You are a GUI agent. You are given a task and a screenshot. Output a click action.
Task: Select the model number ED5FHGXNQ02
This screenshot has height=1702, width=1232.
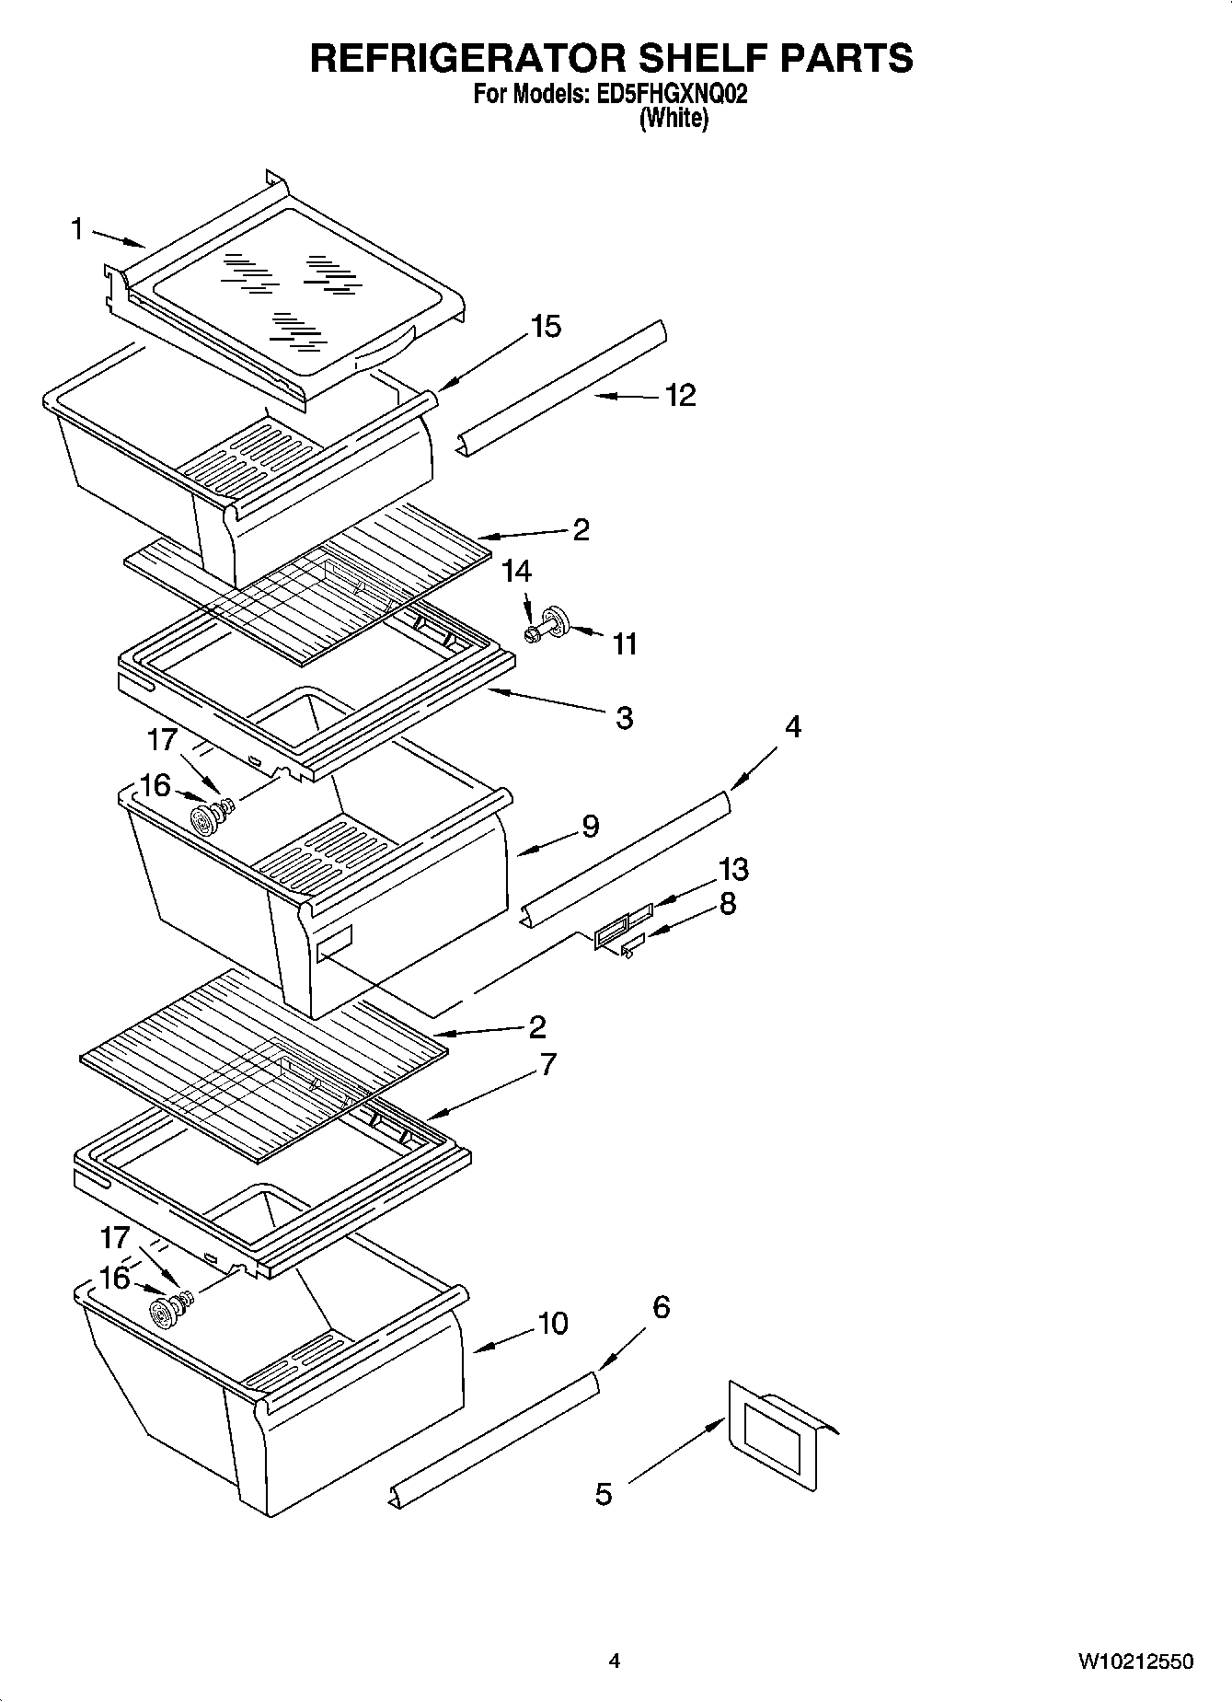pyautogui.click(x=665, y=94)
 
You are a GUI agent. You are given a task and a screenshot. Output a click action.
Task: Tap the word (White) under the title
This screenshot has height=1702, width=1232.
pyautogui.click(x=674, y=118)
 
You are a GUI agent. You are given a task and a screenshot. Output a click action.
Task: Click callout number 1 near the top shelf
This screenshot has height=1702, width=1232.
pyautogui.click(x=77, y=228)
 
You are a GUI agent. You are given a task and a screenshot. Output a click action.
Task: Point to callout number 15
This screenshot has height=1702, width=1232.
pyautogui.click(x=547, y=326)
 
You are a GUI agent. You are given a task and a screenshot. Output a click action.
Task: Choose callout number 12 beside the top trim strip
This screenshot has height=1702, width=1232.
pyautogui.click(x=680, y=395)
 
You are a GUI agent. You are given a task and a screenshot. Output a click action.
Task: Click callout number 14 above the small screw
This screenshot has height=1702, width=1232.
pyautogui.click(x=517, y=572)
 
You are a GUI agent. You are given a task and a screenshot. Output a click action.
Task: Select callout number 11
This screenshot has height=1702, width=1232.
pyautogui.click(x=625, y=643)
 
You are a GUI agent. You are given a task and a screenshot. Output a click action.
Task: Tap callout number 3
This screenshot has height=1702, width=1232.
pyautogui.click(x=625, y=717)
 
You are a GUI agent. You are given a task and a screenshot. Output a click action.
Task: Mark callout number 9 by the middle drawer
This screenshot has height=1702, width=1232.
pyautogui.click(x=590, y=826)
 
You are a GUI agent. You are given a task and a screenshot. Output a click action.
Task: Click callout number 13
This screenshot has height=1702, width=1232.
pyautogui.click(x=733, y=869)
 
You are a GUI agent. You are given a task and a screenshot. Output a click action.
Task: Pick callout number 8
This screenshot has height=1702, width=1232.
pyautogui.click(x=727, y=904)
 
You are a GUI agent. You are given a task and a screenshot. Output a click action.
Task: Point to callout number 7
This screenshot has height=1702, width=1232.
pyautogui.click(x=547, y=1064)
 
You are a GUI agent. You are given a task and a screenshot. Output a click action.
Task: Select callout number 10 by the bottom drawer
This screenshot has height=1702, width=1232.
pyautogui.click(x=552, y=1324)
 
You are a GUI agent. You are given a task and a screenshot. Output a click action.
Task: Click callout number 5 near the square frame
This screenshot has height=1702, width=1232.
pyautogui.click(x=604, y=1493)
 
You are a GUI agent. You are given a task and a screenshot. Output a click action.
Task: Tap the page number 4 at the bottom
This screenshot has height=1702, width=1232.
pyautogui.click(x=614, y=1661)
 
